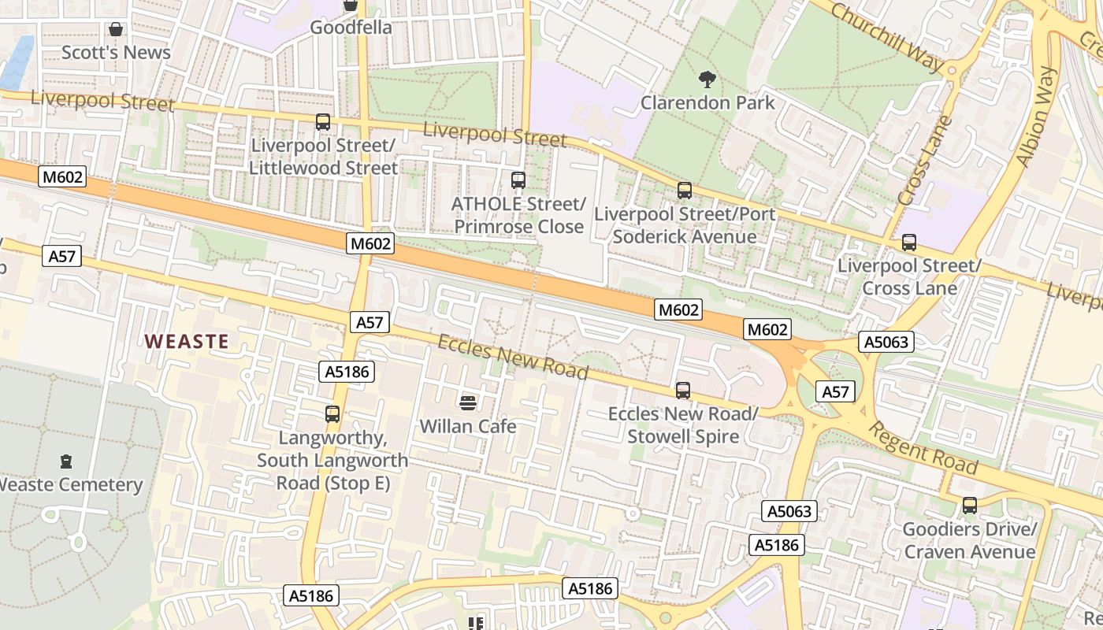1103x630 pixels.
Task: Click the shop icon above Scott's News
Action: coord(116,29)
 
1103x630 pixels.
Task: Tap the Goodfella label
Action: coord(351,28)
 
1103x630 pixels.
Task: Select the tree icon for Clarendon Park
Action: coord(707,79)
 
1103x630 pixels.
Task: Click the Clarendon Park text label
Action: coord(707,102)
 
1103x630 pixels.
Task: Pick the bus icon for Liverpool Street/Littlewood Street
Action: coord(322,122)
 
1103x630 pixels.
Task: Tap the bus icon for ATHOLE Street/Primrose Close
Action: coord(518,180)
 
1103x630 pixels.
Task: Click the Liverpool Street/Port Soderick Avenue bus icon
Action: coord(684,190)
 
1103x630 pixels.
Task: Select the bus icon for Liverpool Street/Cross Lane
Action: coord(908,243)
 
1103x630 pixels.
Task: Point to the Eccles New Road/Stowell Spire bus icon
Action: coord(682,390)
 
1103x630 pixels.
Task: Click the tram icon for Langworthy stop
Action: coord(332,413)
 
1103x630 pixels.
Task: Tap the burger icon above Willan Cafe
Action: coord(467,403)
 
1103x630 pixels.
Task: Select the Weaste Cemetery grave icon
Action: coord(66,461)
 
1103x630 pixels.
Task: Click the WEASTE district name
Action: coord(188,341)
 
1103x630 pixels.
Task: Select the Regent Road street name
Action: coord(923,447)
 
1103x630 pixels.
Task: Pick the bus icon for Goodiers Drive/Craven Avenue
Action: coord(969,506)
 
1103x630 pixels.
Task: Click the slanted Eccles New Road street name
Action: coord(513,357)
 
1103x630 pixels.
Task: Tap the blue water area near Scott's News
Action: coord(17,61)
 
